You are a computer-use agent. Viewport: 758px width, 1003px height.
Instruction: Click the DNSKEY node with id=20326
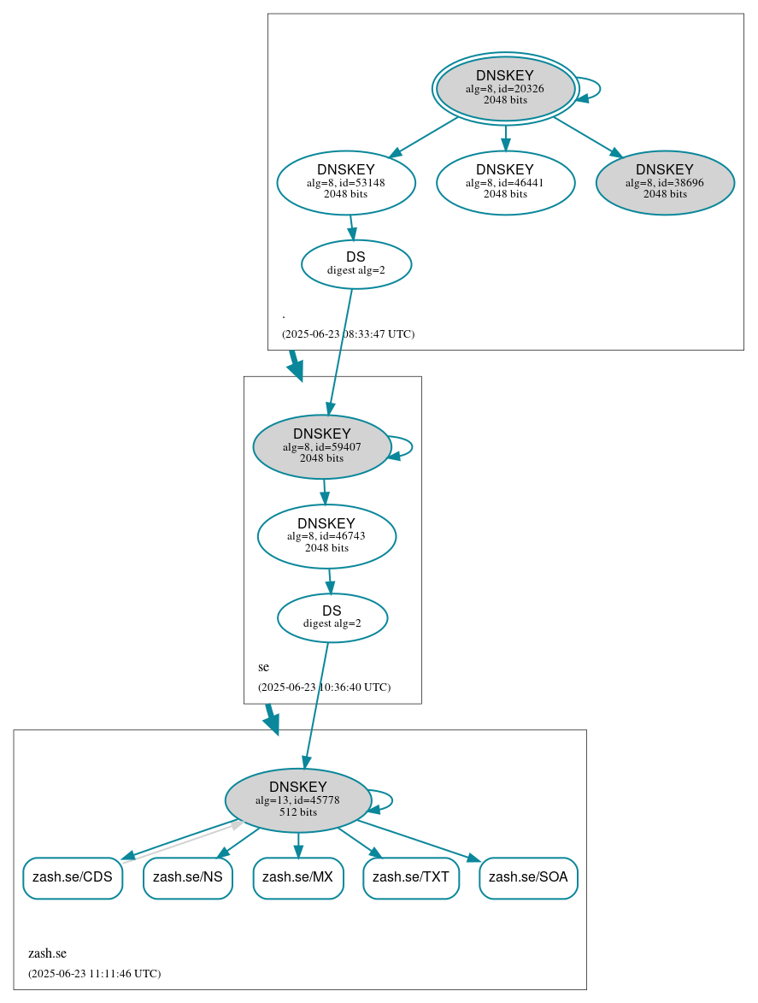505,88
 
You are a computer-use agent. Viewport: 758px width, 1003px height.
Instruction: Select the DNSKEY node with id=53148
346,182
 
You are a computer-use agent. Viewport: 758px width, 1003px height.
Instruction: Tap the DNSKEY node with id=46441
505,182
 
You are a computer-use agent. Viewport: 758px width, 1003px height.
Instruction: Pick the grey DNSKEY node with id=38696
665,182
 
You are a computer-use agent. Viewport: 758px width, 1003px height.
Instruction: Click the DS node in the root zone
356,264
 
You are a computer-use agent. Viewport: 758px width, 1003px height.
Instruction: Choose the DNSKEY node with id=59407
322,446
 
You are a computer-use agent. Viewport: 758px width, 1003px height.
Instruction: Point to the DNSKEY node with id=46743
326,536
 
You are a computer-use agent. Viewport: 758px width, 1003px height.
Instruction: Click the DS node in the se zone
332,617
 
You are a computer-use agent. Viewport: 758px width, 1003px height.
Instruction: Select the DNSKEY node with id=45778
298,800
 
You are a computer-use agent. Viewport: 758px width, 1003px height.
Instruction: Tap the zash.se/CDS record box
73,877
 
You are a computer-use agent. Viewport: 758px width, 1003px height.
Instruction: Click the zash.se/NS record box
188,877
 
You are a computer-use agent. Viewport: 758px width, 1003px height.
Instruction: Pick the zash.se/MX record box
298,877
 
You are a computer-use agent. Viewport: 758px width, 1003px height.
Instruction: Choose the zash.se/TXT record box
411,877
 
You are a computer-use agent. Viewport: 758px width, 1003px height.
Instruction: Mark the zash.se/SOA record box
529,877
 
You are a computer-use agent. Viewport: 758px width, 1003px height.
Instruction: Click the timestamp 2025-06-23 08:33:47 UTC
348,334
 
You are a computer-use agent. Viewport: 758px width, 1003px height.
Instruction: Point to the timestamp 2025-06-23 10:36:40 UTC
324,687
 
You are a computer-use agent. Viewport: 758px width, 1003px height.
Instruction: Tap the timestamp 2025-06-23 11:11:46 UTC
94,974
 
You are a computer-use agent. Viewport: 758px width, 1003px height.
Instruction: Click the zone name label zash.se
47,953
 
